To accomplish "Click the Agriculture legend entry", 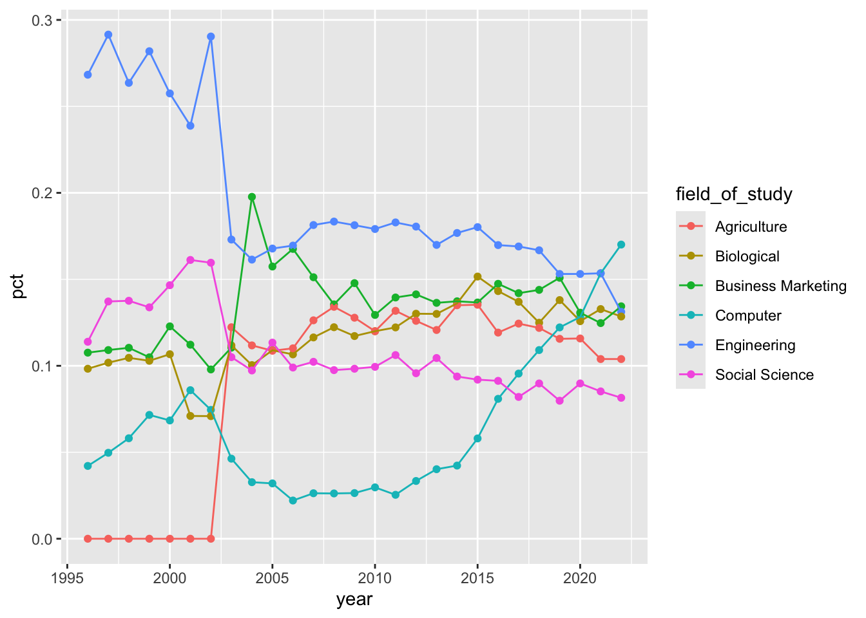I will click(x=751, y=227).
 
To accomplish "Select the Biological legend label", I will click(x=747, y=256).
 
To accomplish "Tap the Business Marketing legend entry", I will click(x=780, y=286).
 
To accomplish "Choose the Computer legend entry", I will click(x=747, y=315).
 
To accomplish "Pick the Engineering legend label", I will click(x=755, y=345).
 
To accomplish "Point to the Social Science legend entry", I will click(x=764, y=375).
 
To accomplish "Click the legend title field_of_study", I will click(x=733, y=194).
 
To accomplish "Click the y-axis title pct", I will click(x=18, y=286).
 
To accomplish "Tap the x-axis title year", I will click(x=354, y=600).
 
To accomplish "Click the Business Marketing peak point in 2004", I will click(x=252, y=197).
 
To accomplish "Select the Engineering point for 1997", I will click(x=108, y=35).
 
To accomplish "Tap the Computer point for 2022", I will click(x=621, y=245).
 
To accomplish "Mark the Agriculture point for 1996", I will click(x=88, y=538).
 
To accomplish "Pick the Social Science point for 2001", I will click(x=190, y=260).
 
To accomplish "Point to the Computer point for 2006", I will click(x=293, y=500).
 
